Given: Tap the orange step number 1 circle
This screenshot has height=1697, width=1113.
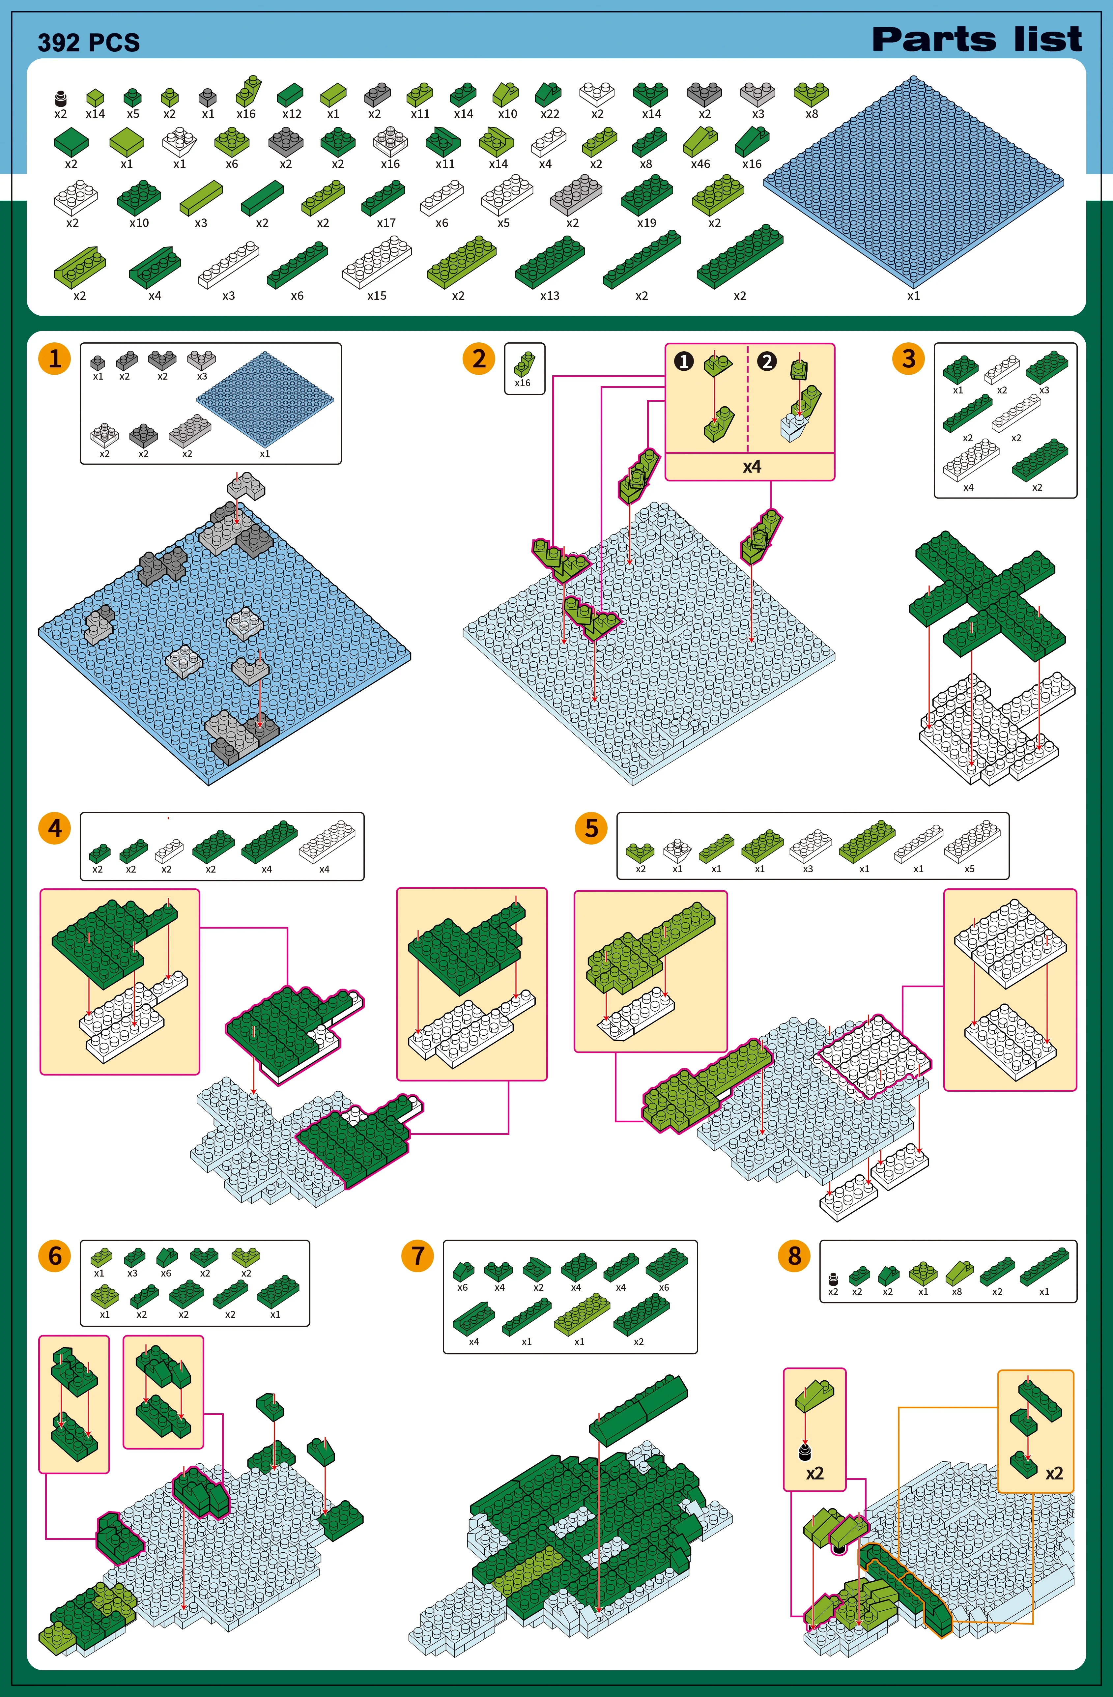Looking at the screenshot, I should pos(55,359).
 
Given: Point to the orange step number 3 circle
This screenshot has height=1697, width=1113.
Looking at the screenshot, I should pos(908,359).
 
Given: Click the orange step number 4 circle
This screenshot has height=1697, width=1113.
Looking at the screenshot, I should pos(55,828).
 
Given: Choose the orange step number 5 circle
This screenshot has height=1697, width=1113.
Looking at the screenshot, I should pos(591,828).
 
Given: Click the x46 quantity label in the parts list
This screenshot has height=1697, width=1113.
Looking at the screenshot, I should pos(700,164).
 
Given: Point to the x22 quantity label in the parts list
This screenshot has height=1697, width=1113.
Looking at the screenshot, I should pos(550,114).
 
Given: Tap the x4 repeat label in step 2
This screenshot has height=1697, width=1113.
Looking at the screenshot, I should pos(752,467).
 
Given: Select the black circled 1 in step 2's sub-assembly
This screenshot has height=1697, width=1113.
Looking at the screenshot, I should pos(684,361).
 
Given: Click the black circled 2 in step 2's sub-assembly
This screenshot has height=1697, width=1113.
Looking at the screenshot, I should pos(766,361).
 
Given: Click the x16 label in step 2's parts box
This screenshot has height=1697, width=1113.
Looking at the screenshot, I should pos(523,383).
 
